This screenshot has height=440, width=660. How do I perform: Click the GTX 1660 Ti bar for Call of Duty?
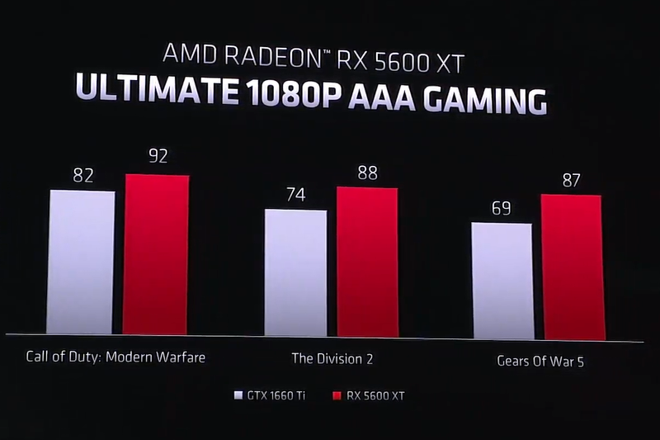(x=80, y=262)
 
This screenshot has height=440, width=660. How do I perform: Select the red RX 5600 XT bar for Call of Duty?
(x=156, y=256)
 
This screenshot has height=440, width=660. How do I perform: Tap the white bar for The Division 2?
(x=295, y=272)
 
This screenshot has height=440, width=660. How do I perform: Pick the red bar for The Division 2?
(x=367, y=263)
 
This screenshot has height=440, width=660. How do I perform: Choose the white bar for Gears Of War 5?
(x=502, y=281)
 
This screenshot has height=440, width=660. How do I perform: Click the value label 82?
(x=83, y=175)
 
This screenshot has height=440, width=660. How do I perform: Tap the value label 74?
(x=296, y=195)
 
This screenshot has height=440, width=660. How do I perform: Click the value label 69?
(x=502, y=207)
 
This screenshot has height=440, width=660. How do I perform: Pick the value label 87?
(x=571, y=179)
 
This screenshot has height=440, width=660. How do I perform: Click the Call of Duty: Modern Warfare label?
(x=115, y=357)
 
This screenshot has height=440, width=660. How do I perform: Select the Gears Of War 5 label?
(x=540, y=361)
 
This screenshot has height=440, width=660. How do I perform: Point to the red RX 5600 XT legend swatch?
(x=335, y=395)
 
